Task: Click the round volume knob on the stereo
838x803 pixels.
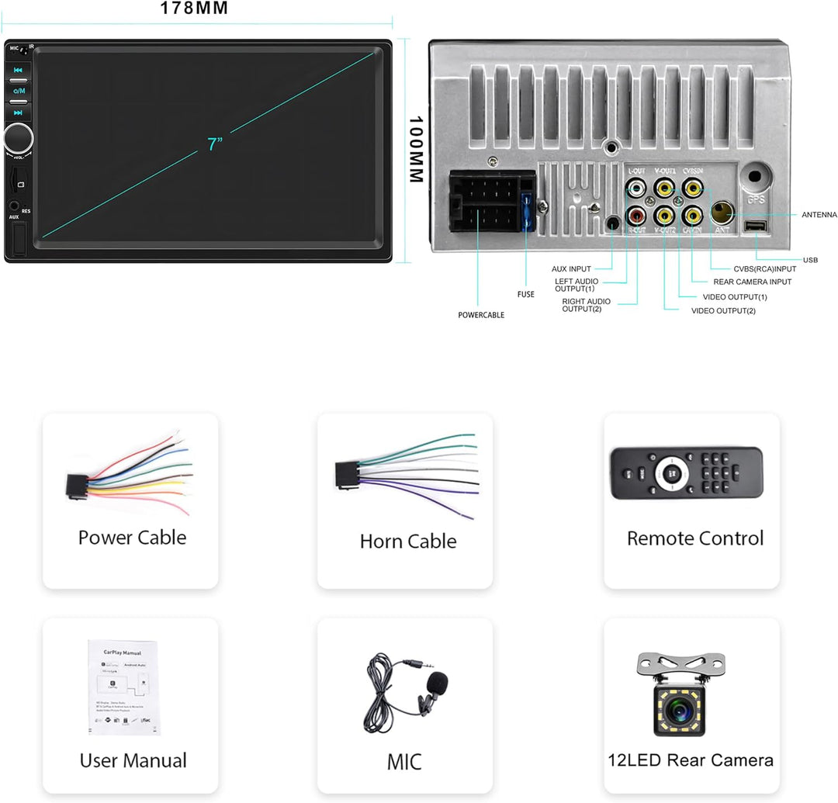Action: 18,138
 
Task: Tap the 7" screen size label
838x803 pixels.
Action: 215,144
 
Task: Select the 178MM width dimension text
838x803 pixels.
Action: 194,9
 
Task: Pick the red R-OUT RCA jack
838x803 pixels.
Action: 636,213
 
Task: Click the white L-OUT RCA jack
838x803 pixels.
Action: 636,187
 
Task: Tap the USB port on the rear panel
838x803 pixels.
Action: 755,227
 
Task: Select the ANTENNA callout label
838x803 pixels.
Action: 819,215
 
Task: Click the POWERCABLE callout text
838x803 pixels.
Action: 481,315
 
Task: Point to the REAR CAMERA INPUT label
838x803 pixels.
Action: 753,282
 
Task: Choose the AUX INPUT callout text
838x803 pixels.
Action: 571,269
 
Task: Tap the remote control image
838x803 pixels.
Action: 686,472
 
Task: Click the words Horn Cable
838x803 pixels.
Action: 408,541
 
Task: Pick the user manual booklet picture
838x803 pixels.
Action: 124,687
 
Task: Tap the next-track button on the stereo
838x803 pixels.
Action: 18,112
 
